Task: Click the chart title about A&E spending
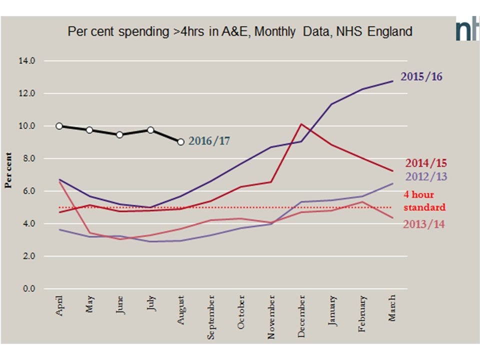coord(240,31)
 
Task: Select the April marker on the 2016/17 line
coord(59,126)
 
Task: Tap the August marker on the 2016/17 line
coord(180,142)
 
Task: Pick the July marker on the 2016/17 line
coord(150,130)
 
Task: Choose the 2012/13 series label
coord(426,176)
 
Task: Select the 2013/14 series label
coord(423,224)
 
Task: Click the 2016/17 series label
coord(209,141)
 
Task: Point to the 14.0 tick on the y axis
coord(27,61)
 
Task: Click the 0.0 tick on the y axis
coord(27,289)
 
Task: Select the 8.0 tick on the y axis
coord(27,158)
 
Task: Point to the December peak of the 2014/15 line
coord(301,124)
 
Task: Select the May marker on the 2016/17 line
coord(89,130)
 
